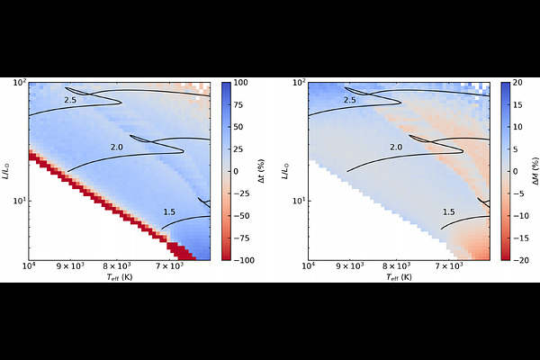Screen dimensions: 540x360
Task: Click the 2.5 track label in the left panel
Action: coord(70,100)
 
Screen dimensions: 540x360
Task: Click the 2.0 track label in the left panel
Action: coord(116,148)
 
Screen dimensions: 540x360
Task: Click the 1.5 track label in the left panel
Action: coord(169,212)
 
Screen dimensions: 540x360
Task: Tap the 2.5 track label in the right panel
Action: coord(349,100)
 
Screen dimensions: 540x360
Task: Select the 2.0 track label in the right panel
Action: coord(396,148)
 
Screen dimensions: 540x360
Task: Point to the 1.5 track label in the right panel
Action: coord(449,212)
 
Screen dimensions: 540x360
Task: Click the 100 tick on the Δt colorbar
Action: coord(240,83)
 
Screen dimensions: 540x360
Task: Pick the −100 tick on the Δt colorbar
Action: coord(244,260)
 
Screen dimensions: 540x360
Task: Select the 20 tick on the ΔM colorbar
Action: coord(517,83)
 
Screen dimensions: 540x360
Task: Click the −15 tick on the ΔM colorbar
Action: coord(521,238)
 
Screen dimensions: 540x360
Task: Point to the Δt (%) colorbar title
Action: coord(261,171)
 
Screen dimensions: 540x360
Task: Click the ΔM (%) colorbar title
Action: coord(535,171)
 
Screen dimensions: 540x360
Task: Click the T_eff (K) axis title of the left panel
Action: coord(120,277)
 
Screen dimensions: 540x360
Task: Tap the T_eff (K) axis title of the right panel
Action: coord(399,277)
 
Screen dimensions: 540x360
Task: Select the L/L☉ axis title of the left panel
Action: coord(6,171)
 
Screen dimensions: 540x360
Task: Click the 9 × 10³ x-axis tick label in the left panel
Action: coord(70,265)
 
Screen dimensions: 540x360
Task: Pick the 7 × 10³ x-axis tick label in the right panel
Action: coord(448,265)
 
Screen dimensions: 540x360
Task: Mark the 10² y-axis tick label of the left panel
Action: coord(20,83)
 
